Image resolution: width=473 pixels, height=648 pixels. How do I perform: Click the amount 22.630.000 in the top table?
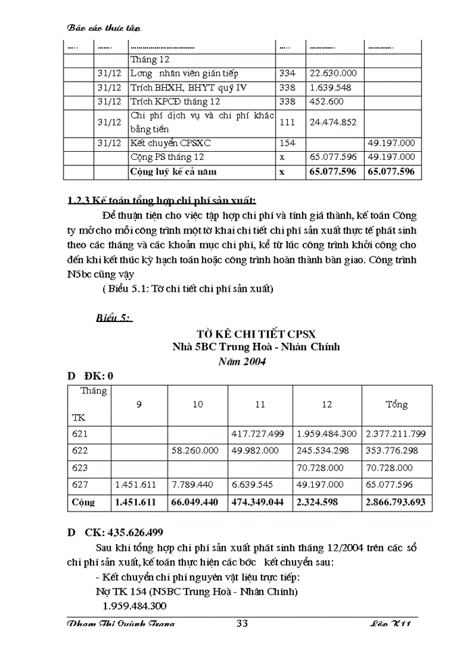tap(333, 74)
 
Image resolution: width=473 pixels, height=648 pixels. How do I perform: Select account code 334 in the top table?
tap(287, 74)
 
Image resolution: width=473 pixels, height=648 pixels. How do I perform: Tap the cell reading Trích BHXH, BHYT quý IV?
tap(183, 88)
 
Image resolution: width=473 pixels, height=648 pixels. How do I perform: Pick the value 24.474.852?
tap(333, 123)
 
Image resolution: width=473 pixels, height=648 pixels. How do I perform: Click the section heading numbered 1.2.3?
tap(162, 201)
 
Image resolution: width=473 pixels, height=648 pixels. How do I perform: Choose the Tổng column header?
tap(397, 405)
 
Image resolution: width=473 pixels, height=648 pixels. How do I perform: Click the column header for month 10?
tap(197, 405)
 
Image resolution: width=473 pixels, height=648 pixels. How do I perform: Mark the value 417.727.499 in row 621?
tap(257, 433)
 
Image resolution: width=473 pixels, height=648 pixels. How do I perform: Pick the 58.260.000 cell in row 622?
tap(197, 450)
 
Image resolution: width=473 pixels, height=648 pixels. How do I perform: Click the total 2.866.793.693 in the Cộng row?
tap(397, 502)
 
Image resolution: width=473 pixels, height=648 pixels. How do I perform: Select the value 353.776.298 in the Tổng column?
tap(397, 450)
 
